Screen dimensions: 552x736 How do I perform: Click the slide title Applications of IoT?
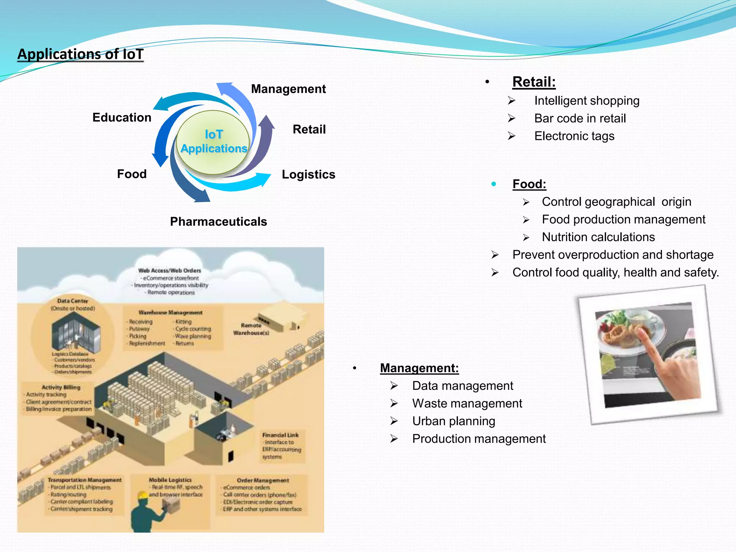pyautogui.click(x=80, y=54)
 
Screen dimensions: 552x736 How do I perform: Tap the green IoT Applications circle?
pyautogui.click(x=213, y=142)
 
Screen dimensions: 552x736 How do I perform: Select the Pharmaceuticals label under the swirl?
pyautogui.click(x=218, y=221)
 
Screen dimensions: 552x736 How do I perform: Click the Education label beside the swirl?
pyautogui.click(x=122, y=118)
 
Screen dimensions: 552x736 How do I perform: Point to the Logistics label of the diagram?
pyautogui.click(x=308, y=174)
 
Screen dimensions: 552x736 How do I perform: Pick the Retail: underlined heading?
pyautogui.click(x=534, y=82)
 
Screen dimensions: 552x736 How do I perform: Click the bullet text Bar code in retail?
pyautogui.click(x=580, y=118)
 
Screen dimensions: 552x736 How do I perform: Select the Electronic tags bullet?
pyautogui.click(x=574, y=136)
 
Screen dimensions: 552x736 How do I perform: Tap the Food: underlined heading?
pyautogui.click(x=529, y=184)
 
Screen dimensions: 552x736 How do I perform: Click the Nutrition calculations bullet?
pyautogui.click(x=598, y=237)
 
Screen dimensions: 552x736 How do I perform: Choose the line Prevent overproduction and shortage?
pyautogui.click(x=613, y=255)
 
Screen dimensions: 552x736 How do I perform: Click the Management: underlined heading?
pyautogui.click(x=419, y=368)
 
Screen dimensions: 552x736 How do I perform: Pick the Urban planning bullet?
pyautogui.click(x=454, y=421)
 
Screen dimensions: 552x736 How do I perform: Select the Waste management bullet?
pyautogui.click(x=467, y=403)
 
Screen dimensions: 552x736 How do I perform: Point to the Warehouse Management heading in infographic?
pyautogui.click(x=170, y=313)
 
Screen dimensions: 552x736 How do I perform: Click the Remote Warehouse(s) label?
pyautogui.click(x=251, y=329)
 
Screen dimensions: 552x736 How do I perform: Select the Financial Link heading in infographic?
pyautogui.click(x=280, y=435)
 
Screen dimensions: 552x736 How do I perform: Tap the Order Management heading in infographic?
pyautogui.click(x=263, y=480)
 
